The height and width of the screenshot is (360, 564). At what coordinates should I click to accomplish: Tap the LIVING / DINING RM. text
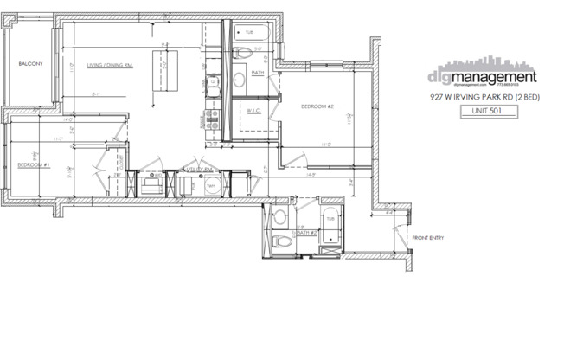click(110, 65)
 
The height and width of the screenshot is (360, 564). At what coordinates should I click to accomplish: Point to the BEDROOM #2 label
click(317, 106)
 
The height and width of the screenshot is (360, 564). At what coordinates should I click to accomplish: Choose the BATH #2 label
click(306, 233)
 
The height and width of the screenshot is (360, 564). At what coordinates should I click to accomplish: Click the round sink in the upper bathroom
click(239, 80)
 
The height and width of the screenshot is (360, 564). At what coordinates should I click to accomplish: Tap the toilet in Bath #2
click(279, 217)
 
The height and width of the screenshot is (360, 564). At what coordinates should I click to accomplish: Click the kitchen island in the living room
click(162, 71)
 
